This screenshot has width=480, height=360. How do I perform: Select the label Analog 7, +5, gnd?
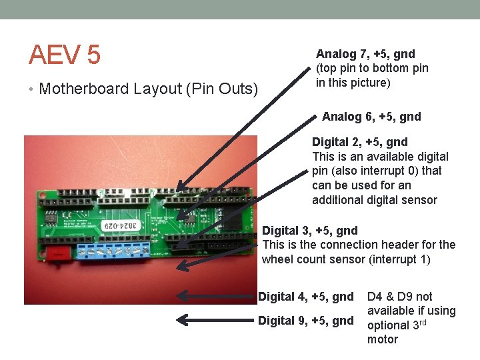(365, 54)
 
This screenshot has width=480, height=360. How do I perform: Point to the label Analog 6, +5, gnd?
(371, 117)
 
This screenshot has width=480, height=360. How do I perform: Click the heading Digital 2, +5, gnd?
(359, 142)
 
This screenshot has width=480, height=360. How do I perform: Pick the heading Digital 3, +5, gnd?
(310, 231)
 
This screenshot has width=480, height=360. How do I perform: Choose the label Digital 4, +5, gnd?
(305, 297)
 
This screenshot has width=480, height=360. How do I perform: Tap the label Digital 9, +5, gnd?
(305, 321)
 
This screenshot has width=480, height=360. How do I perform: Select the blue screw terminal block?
(114, 249)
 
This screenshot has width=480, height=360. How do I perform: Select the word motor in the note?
(382, 339)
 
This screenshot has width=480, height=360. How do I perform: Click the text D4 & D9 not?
(399, 297)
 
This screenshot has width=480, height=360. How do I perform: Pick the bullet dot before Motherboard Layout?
(32, 89)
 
